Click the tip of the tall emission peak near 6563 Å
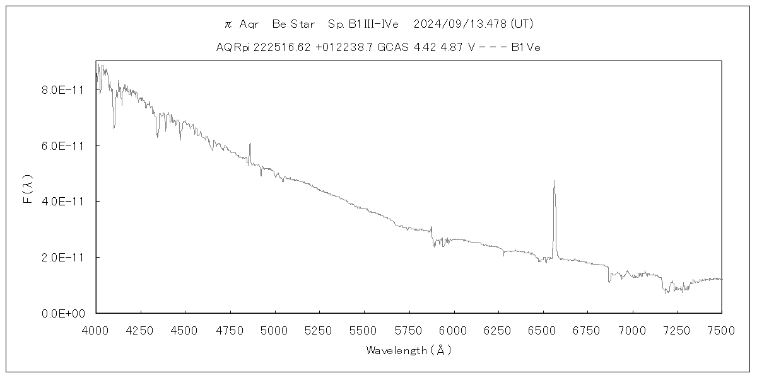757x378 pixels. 555,181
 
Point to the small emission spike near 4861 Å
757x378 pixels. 250,144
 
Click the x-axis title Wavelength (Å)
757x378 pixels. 409,350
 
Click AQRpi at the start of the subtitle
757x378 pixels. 233,47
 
